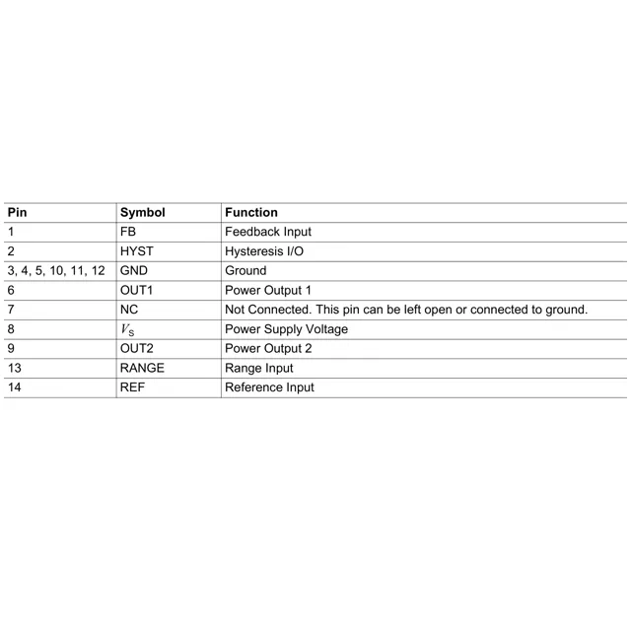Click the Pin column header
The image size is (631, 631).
click(x=17, y=212)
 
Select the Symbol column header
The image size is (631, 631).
click(x=142, y=212)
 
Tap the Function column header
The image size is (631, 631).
click(x=251, y=212)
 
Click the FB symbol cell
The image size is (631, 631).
click(x=127, y=232)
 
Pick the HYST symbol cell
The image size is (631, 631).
click(x=136, y=251)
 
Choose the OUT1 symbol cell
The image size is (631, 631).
click(x=136, y=290)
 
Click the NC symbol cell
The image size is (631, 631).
click(x=128, y=310)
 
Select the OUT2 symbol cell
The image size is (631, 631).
click(x=136, y=348)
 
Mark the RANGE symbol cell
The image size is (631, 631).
click(x=142, y=368)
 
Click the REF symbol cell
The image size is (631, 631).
click(x=133, y=387)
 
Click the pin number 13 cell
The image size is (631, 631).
click(x=14, y=368)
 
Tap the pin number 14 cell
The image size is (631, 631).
click(x=14, y=387)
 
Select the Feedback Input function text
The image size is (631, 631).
click(x=268, y=232)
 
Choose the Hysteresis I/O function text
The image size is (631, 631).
click(x=265, y=251)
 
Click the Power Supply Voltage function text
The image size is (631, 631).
click(x=286, y=329)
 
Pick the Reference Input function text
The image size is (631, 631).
click(x=269, y=387)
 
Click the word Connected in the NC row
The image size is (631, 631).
click(x=281, y=310)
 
